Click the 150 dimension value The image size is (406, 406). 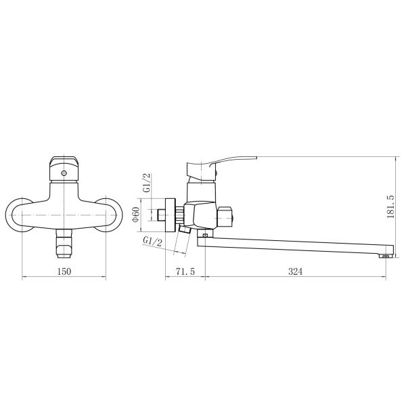click(64, 271)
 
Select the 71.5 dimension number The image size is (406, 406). click(185, 271)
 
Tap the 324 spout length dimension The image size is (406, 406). click(294, 271)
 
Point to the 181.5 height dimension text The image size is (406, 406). click(390, 206)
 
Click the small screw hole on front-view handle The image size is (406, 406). click(64, 173)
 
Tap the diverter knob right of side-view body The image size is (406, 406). click(226, 215)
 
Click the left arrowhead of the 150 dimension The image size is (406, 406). click(25, 277)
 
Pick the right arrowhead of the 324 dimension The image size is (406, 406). click(384, 277)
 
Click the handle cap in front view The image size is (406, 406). click(64, 162)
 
